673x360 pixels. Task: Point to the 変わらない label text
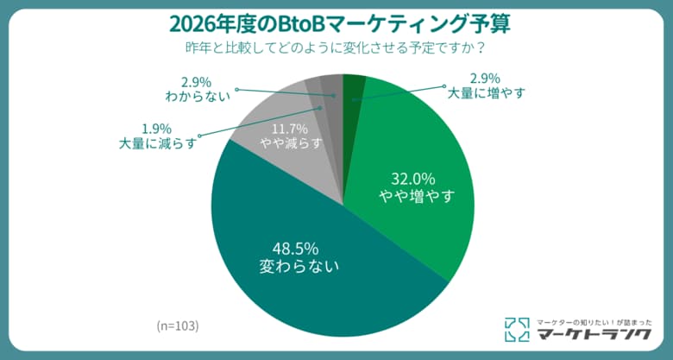[299, 267]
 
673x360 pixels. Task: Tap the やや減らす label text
[290, 142]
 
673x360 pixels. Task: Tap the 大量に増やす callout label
[484, 92]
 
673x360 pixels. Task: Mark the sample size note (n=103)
[178, 325]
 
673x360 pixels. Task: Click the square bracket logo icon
[516, 329]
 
